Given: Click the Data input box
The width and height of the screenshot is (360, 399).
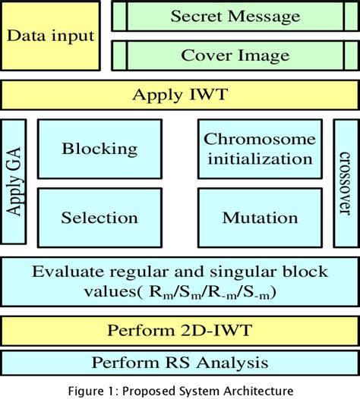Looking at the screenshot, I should (51, 36).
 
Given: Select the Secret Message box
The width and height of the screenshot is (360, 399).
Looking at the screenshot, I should (234, 15).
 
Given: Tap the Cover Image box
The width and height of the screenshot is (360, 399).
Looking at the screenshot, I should (234, 55).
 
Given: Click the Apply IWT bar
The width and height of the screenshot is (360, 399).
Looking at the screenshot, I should (179, 95).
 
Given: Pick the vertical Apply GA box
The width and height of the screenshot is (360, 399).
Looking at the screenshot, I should (14, 181).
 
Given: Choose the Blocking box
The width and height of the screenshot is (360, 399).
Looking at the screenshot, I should (99, 148).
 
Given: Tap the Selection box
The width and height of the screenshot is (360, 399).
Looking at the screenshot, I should (99, 218).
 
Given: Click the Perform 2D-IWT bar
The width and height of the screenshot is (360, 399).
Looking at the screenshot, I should (179, 330).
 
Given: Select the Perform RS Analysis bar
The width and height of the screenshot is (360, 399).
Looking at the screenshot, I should (179, 362).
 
